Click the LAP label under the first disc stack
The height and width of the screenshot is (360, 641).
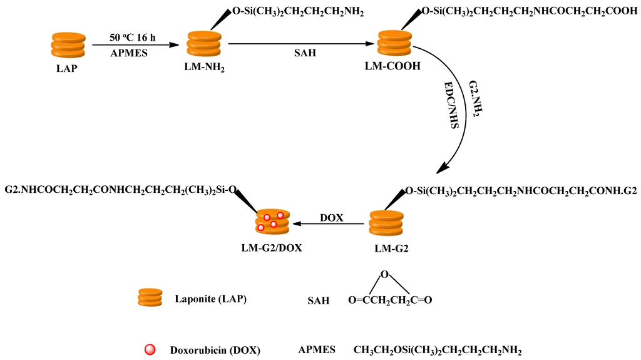66,68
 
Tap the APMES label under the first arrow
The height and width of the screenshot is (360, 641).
129,53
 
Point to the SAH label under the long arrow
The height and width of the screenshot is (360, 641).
305,53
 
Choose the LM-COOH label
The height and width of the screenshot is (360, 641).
392,66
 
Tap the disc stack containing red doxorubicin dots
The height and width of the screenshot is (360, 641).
271,221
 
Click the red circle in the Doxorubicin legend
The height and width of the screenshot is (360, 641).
148,349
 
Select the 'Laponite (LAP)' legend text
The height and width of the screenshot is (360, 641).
211,299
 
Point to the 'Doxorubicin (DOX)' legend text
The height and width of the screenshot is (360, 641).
215,349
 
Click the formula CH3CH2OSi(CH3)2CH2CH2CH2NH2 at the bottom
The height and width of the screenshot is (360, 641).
437,349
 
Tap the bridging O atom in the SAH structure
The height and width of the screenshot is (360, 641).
386,274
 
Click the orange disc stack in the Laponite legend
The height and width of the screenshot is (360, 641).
150,297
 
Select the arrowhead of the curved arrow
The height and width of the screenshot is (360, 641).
443,168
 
